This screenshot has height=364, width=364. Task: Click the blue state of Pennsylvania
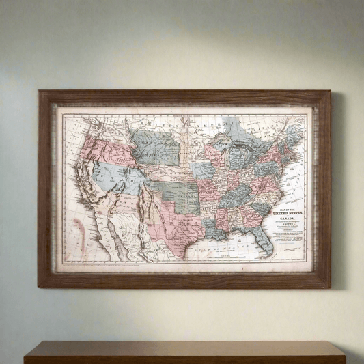coord(268,167)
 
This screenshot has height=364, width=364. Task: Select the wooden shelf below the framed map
coord(184,352)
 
